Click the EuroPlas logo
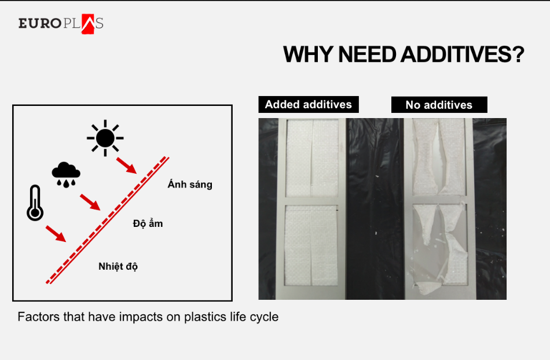tap(61, 24)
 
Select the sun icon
tap(105, 138)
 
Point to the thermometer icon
tap(35, 203)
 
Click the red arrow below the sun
tap(126, 165)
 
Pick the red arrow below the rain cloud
tap(90, 202)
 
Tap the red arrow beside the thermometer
tap(55, 233)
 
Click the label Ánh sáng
tap(190, 185)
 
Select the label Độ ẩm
tap(148, 223)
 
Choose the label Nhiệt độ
tap(118, 266)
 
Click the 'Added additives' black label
tap(309, 105)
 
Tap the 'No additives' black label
tap(439, 105)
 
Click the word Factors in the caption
tap(36, 317)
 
